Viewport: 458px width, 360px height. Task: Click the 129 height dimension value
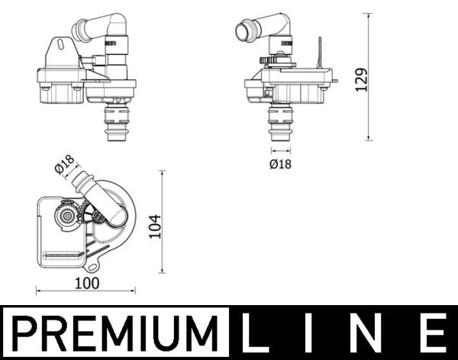pos(362,78)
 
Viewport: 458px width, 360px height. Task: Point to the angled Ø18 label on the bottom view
pos(64,164)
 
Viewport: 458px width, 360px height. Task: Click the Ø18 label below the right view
pos(281,163)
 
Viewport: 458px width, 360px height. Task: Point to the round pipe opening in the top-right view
pos(244,33)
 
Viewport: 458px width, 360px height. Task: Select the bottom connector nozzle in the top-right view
pos(280,124)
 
